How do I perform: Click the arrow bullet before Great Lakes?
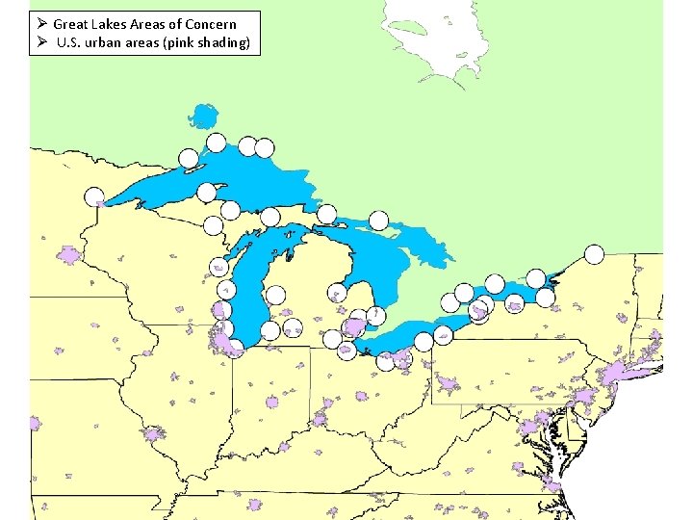coord(40,23)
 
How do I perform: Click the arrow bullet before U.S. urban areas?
coord(40,42)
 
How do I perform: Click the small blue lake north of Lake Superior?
coord(203,117)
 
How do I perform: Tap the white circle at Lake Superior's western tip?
coord(94,196)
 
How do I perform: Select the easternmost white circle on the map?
coord(594,254)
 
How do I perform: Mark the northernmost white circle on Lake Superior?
coord(217,143)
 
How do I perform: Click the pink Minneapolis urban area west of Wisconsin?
coord(68,255)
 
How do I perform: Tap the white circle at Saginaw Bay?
coord(338,292)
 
